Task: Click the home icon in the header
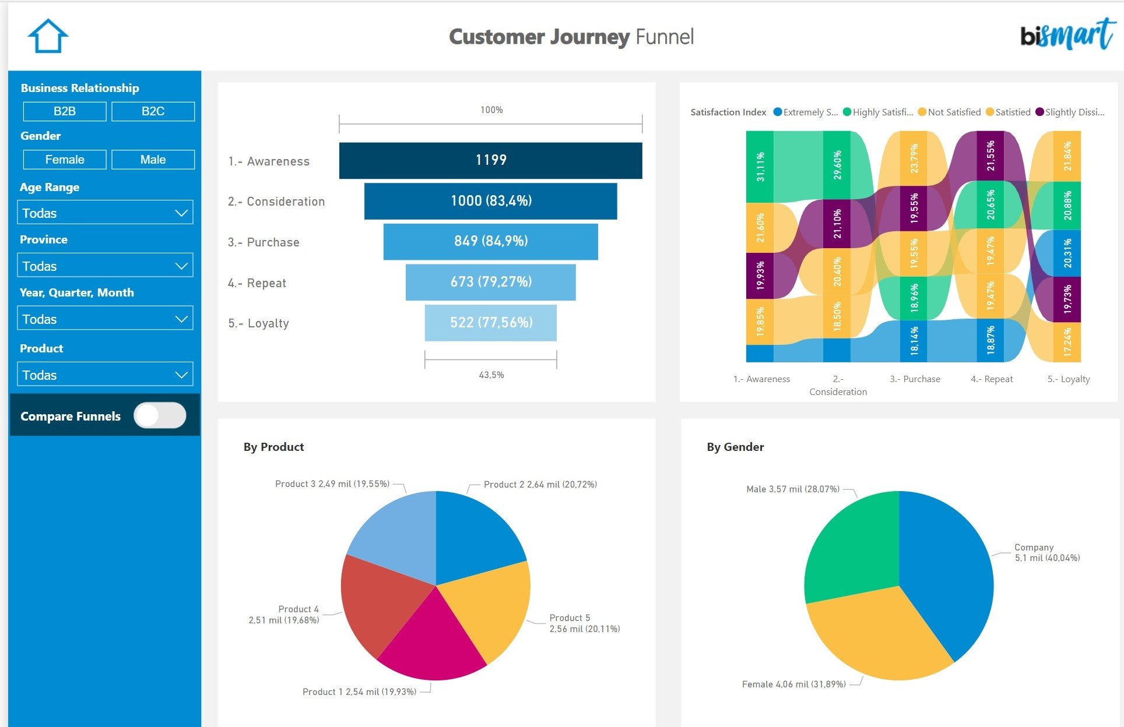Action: pos(48,36)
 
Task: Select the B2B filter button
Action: pos(65,111)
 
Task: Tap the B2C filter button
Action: pos(153,111)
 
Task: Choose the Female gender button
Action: pos(65,160)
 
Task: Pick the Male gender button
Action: pos(153,160)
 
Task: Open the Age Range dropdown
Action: pos(105,213)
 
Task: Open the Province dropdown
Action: pos(105,266)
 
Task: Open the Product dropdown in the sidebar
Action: pos(105,375)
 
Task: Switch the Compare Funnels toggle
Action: pos(159,415)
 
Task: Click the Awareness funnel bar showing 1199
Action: pos(490,160)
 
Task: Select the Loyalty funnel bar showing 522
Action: pos(490,322)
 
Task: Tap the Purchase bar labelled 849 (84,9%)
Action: pos(490,241)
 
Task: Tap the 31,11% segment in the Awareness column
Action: pos(760,167)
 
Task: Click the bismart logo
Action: pos(1066,35)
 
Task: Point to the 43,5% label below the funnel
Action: pos(491,375)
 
